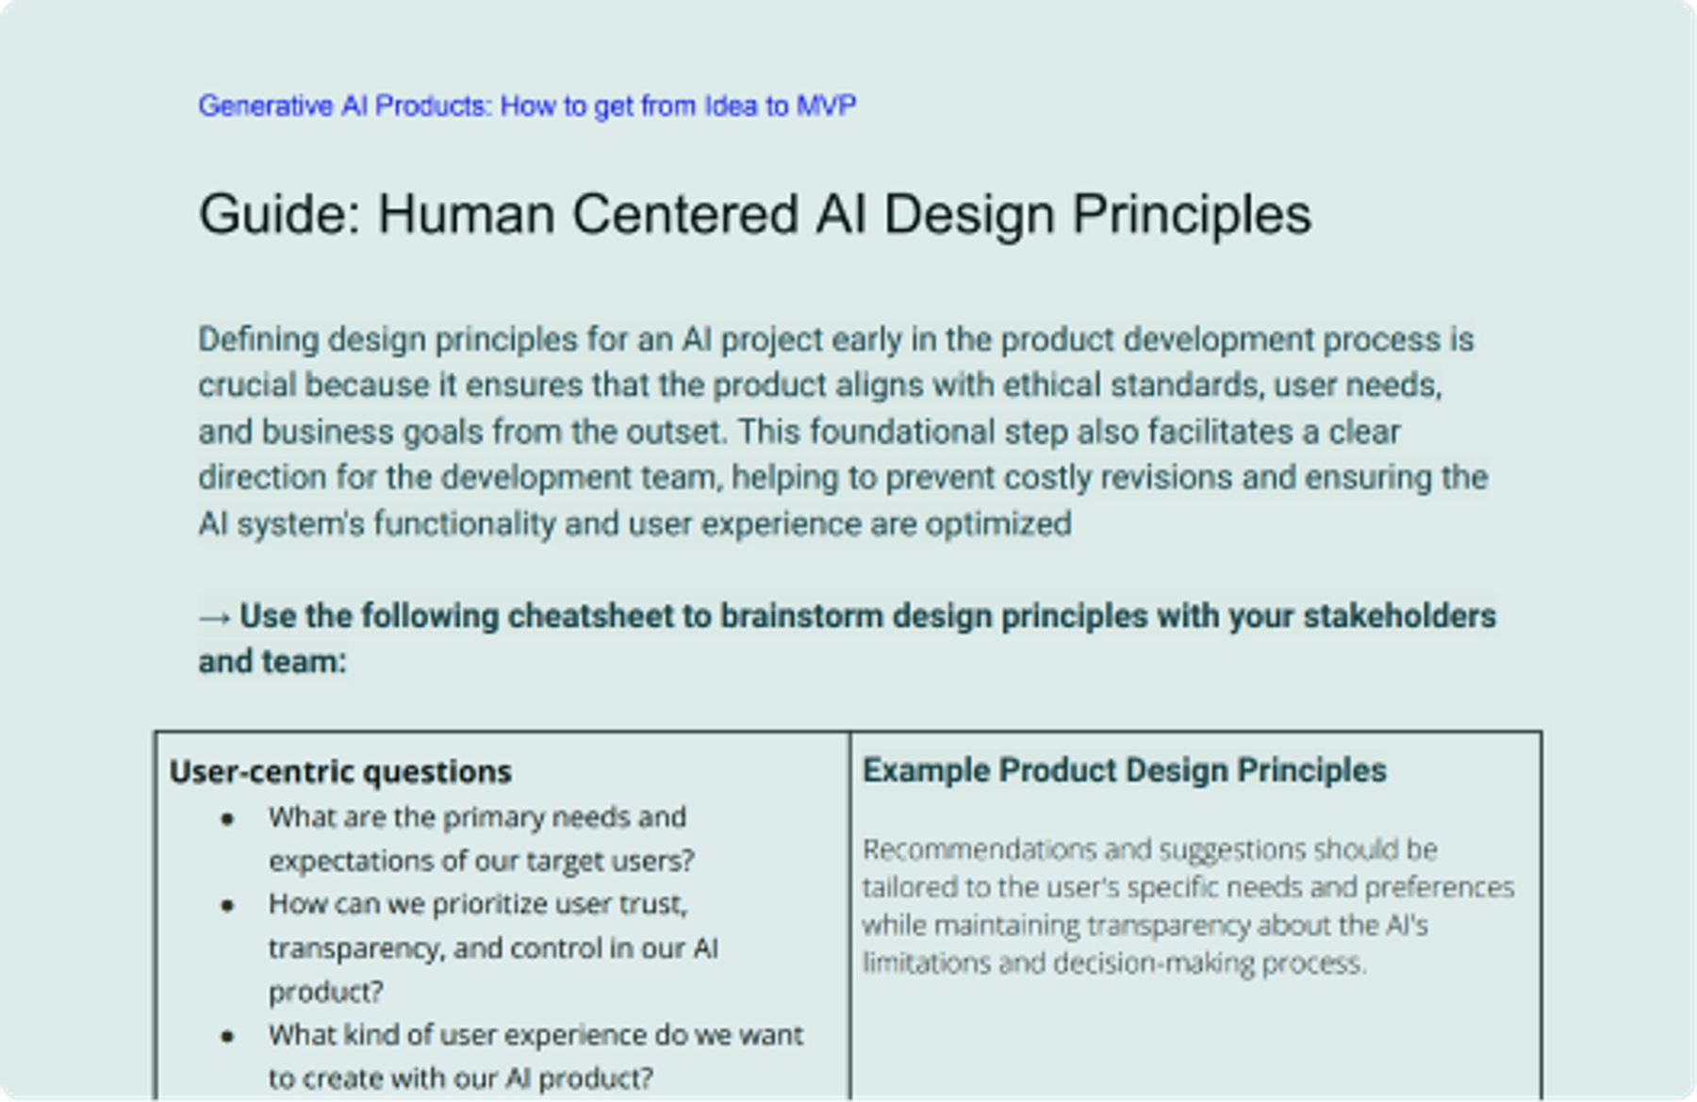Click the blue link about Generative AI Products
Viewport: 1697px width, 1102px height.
(x=526, y=106)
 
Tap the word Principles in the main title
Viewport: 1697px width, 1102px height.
(x=1191, y=215)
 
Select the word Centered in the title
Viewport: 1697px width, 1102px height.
(x=685, y=215)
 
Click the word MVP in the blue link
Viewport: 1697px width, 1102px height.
(x=826, y=106)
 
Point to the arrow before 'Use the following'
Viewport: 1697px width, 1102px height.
(x=215, y=617)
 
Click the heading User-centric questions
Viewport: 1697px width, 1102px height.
(x=340, y=772)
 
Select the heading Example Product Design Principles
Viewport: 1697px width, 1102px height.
(x=1124, y=770)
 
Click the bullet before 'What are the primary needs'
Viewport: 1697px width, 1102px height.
(x=227, y=819)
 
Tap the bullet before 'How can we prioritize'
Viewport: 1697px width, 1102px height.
(x=227, y=906)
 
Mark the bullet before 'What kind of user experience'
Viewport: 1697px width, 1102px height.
(x=227, y=1037)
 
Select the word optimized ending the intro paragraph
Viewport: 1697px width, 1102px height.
(x=998, y=523)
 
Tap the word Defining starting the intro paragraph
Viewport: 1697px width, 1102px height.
(x=258, y=339)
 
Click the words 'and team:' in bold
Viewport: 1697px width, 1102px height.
(x=272, y=662)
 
